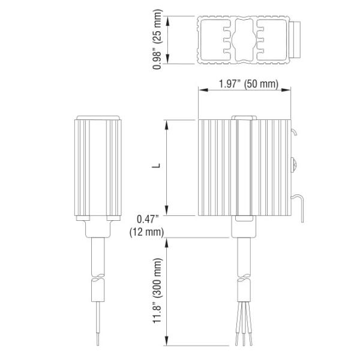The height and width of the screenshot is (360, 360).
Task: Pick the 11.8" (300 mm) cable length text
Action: [157, 291]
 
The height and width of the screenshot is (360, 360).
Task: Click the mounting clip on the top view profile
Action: [295, 40]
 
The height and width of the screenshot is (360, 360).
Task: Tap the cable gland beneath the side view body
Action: [97, 229]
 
